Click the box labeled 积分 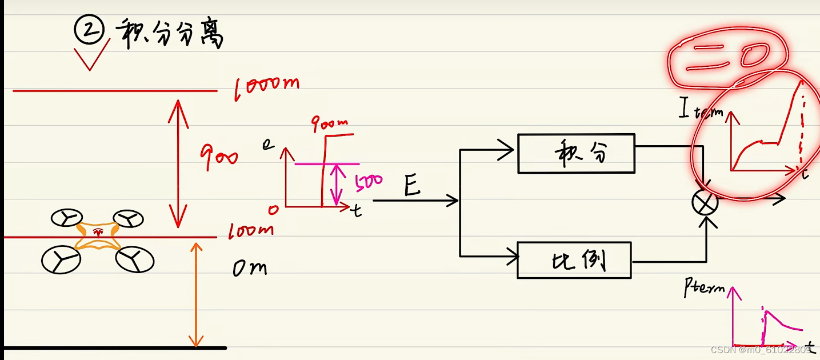point(576,153)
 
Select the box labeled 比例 point(574,260)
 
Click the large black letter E point(413,185)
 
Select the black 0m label point(250,267)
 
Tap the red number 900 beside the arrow point(218,154)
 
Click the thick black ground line point(114,347)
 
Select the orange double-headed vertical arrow point(196,294)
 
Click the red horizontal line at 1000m point(114,90)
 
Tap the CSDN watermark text point(760,349)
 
